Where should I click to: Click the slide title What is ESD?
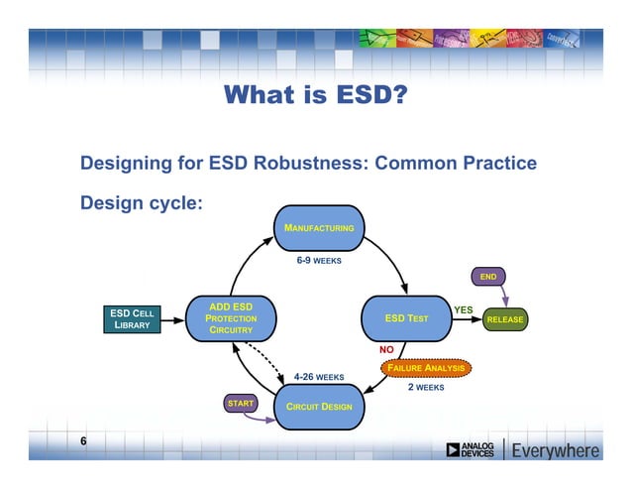(x=316, y=95)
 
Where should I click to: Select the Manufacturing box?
(x=319, y=228)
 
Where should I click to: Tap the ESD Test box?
(x=406, y=318)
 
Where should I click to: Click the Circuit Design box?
(x=319, y=407)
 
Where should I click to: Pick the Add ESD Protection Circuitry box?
(x=232, y=318)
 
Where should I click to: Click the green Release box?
(x=504, y=319)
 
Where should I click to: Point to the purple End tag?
(x=487, y=276)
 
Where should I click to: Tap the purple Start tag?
(x=241, y=404)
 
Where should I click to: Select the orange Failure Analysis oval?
(x=425, y=367)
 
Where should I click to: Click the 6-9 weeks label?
(x=319, y=262)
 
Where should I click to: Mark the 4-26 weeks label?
(x=319, y=377)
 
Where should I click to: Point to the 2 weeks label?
(x=426, y=388)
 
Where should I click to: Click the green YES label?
(x=463, y=309)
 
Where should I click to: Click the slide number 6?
(x=84, y=440)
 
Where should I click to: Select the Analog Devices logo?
(x=471, y=450)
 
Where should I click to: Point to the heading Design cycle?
(x=142, y=202)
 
